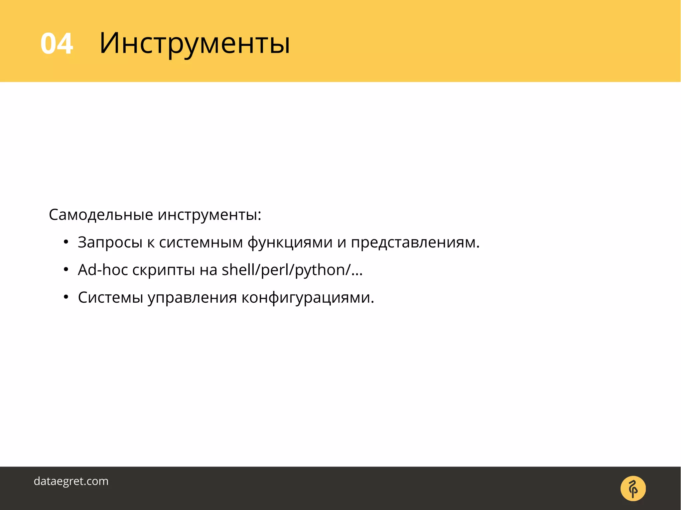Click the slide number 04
tap(57, 44)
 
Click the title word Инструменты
tap(195, 44)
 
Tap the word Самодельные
tap(101, 215)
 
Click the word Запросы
tap(110, 243)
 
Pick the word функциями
tap(290, 243)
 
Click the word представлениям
tap(415, 243)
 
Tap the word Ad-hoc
tap(103, 270)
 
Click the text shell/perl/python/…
tap(292, 270)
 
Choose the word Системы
tap(110, 297)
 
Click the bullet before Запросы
tap(66, 242)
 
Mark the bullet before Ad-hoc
tap(66, 269)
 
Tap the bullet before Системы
tap(66, 297)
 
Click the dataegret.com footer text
tap(71, 481)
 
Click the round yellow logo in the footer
tap(633, 488)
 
